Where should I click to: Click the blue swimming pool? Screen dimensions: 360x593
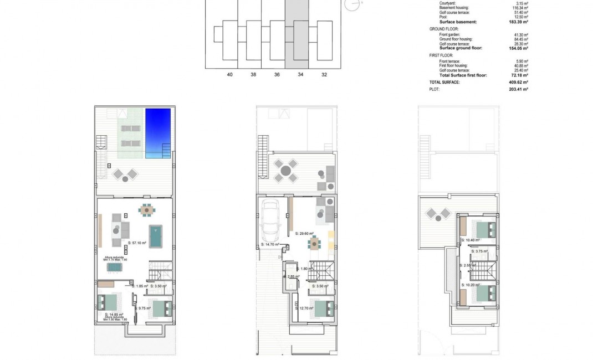(159, 133)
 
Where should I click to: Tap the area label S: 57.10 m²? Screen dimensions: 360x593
(137, 243)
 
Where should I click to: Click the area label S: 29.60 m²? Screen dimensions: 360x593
(304, 234)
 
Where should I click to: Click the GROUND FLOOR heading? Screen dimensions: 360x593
(443, 28)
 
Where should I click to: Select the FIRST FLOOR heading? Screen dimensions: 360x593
(441, 55)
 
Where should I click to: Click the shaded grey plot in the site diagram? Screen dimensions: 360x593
(300, 33)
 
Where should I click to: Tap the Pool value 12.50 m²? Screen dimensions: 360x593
(520, 17)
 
